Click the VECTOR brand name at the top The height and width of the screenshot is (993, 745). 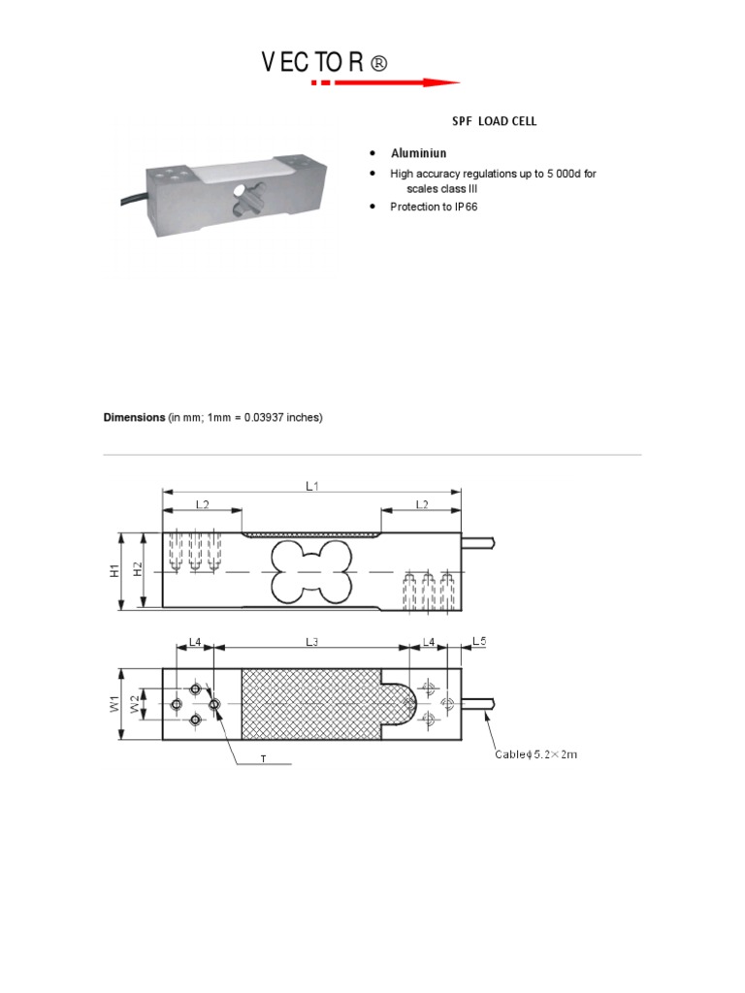[x=311, y=64]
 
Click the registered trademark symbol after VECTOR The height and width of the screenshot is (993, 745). [x=378, y=64]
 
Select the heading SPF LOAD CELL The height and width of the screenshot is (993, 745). [x=494, y=121]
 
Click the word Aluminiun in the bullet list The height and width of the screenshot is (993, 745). [x=418, y=154]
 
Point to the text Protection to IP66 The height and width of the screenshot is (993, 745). [x=434, y=208]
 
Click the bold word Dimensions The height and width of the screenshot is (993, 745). [x=135, y=418]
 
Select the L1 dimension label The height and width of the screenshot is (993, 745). [x=312, y=486]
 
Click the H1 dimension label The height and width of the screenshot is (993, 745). [x=113, y=571]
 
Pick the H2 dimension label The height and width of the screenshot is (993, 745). [x=138, y=571]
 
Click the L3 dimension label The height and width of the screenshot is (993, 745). [x=311, y=642]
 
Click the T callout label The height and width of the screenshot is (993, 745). [x=262, y=759]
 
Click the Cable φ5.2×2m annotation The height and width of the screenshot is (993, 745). [x=536, y=754]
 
